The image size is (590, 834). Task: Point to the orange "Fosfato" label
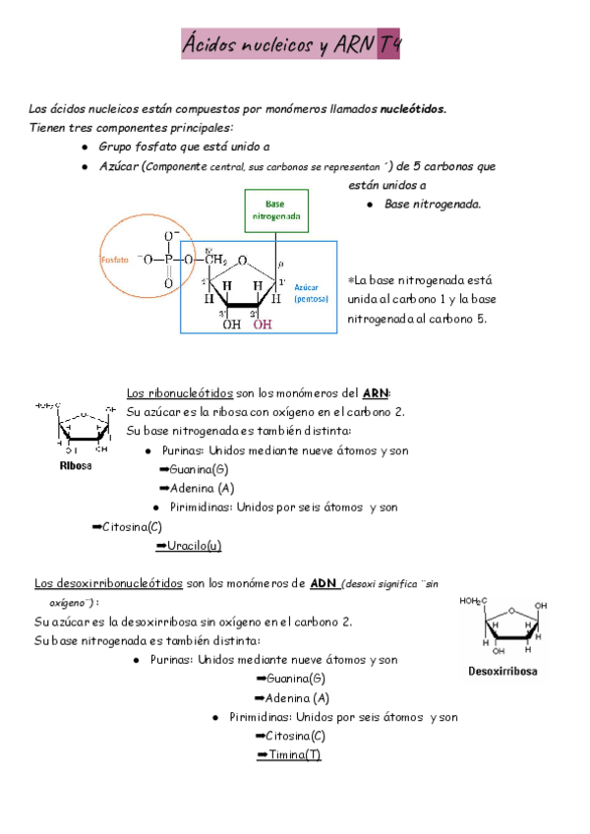tap(116, 260)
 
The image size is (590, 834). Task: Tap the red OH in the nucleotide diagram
tap(263, 325)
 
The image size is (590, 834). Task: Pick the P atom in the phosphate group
tap(169, 259)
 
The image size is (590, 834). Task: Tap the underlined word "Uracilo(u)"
tap(195, 545)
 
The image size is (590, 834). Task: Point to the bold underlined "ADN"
tap(324, 583)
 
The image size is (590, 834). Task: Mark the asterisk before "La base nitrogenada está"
tap(352, 278)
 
